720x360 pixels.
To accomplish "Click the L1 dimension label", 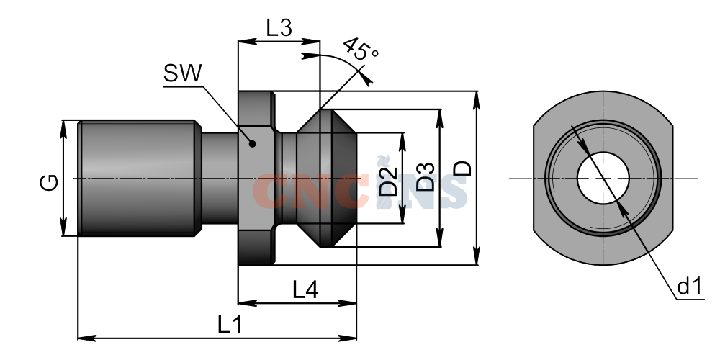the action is click(229, 325).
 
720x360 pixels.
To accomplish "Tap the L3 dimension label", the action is click(279, 29).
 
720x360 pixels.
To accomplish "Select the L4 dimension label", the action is click(306, 290).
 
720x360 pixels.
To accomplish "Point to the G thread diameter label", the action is click(49, 182).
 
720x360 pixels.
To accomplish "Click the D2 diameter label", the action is click(389, 181).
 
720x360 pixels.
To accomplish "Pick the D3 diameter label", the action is click(426, 177).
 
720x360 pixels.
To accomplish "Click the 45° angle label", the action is click(361, 49).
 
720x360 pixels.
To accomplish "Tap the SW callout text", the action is click(183, 73).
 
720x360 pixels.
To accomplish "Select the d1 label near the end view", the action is click(690, 287).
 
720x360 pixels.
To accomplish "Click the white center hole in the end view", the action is click(603, 178).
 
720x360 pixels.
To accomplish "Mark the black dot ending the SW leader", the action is click(252, 144).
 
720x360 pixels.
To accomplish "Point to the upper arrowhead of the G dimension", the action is click(63, 129).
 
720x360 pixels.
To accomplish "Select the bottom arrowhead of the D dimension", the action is click(477, 256).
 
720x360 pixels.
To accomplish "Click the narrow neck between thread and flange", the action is click(220, 178).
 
